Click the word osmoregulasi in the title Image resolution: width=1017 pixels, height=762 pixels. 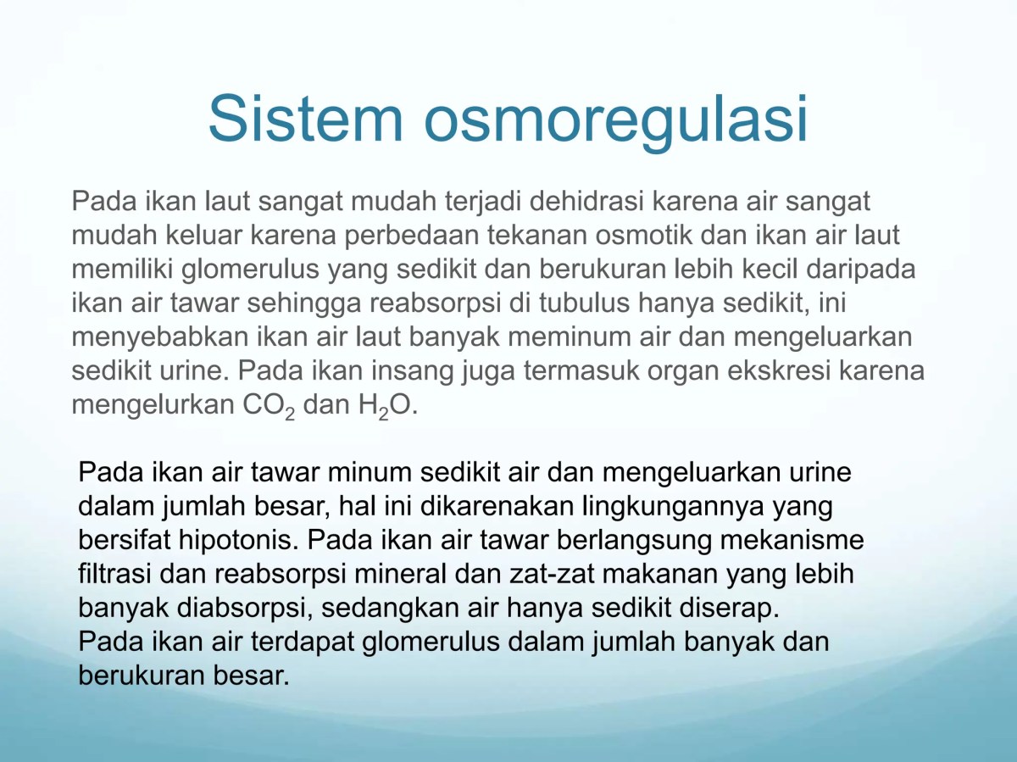615,118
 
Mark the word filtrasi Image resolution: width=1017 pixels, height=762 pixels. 114,574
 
